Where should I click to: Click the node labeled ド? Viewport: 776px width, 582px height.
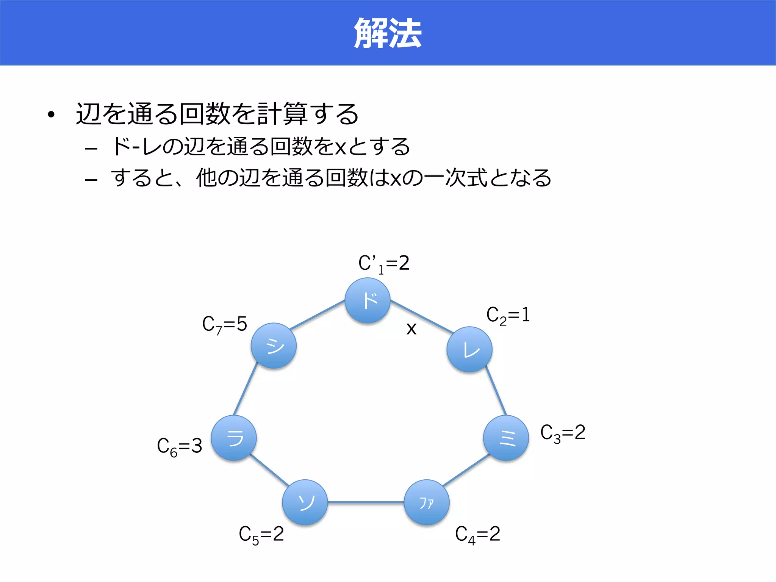[x=368, y=300]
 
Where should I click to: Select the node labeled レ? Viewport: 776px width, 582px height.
[x=469, y=349]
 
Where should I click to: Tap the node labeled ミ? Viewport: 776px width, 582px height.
[x=506, y=438]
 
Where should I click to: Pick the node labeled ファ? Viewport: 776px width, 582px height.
[x=427, y=502]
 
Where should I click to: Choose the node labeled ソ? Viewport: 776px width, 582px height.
[x=305, y=502]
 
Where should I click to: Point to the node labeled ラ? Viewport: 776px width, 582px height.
[x=234, y=438]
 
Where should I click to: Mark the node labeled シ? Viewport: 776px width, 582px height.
[x=274, y=346]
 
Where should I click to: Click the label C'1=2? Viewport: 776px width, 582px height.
[x=384, y=264]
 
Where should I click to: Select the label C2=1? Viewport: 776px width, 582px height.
[x=508, y=316]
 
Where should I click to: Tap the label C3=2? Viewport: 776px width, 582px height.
[x=563, y=433]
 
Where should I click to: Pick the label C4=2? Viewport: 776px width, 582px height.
[x=477, y=535]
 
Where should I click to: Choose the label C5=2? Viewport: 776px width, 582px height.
[x=261, y=535]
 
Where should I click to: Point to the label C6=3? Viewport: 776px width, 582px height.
[x=179, y=446]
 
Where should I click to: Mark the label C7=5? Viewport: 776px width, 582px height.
[x=224, y=325]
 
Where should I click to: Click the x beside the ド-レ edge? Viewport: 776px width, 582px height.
[x=411, y=329]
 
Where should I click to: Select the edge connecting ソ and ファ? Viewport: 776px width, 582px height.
[x=366, y=502]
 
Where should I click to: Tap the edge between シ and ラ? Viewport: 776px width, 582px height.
[x=246, y=389]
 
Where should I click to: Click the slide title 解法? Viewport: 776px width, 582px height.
[x=388, y=33]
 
